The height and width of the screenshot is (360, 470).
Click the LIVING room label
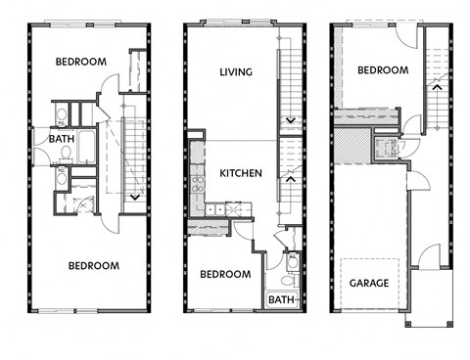[x=236, y=71]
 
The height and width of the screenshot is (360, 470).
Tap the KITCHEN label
[x=240, y=173]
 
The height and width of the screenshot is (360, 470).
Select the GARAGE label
[x=368, y=284]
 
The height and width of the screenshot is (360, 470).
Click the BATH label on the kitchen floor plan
[x=282, y=299]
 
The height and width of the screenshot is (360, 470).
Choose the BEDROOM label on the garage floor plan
[x=382, y=70]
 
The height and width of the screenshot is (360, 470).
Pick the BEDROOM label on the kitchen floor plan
[x=226, y=275]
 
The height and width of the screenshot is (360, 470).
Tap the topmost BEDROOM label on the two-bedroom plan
[x=80, y=62]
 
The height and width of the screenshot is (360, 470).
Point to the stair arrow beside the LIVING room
[x=289, y=121]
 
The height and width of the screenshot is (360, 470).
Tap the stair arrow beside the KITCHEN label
[x=289, y=178]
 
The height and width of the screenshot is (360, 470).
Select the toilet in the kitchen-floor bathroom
[x=290, y=264]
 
